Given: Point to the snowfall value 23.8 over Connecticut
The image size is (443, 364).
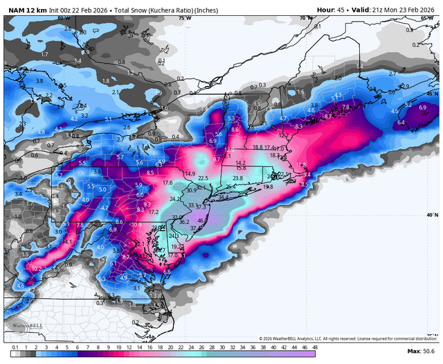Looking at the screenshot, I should tap(237, 178).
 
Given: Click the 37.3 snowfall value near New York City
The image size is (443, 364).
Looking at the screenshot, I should tap(202, 207).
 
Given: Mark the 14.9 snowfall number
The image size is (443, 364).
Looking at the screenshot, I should tap(190, 173).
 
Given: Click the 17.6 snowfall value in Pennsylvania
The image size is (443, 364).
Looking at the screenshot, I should tap(167, 183).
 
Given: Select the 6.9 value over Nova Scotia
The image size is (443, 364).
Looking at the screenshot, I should tap(422, 107).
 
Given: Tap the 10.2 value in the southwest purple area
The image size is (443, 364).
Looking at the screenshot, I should tap(37, 268).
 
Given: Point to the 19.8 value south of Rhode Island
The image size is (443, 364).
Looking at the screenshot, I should tap(268, 187).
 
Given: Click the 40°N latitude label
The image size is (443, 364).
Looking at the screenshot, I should tap(433, 216).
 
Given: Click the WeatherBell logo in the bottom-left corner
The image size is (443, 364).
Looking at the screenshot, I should tap(21, 326).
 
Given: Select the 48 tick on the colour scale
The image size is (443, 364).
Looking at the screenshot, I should tap(315, 347).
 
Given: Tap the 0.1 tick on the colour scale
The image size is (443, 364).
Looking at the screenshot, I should tap(15, 347).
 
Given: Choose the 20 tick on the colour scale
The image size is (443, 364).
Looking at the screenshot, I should tap(172, 347).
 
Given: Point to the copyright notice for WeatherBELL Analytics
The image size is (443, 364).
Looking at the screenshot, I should tap(343, 338).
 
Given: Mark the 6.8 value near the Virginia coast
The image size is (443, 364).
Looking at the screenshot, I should tap(167, 272).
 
